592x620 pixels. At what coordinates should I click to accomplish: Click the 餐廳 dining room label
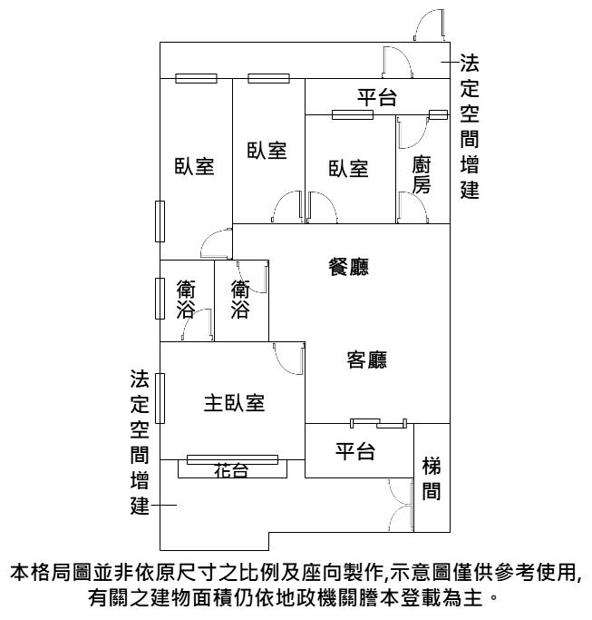click(x=348, y=267)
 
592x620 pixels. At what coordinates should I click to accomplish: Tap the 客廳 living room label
click(x=366, y=359)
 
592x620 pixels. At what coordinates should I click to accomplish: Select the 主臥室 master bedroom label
click(x=234, y=403)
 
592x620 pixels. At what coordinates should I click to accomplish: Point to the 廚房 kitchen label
click(x=421, y=175)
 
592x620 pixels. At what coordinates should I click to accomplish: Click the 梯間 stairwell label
click(x=432, y=478)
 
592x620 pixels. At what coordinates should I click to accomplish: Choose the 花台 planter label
click(x=231, y=470)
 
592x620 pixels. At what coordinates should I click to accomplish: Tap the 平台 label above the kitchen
click(x=377, y=97)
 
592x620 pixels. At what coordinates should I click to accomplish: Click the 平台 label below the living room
click(x=355, y=451)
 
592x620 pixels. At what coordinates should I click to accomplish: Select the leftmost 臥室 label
click(x=194, y=166)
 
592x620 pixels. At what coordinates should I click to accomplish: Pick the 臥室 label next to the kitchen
click(x=348, y=169)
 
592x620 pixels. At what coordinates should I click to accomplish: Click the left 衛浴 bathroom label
click(x=186, y=300)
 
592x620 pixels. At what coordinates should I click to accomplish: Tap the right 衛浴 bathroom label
click(x=240, y=300)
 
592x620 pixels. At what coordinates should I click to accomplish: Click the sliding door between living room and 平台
click(x=378, y=423)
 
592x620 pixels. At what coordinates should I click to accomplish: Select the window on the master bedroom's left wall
click(x=160, y=399)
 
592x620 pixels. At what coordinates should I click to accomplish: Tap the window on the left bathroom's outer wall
click(x=160, y=298)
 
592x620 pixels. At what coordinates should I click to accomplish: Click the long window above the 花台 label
click(x=232, y=459)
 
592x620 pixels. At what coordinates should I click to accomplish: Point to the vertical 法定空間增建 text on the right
click(x=470, y=126)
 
